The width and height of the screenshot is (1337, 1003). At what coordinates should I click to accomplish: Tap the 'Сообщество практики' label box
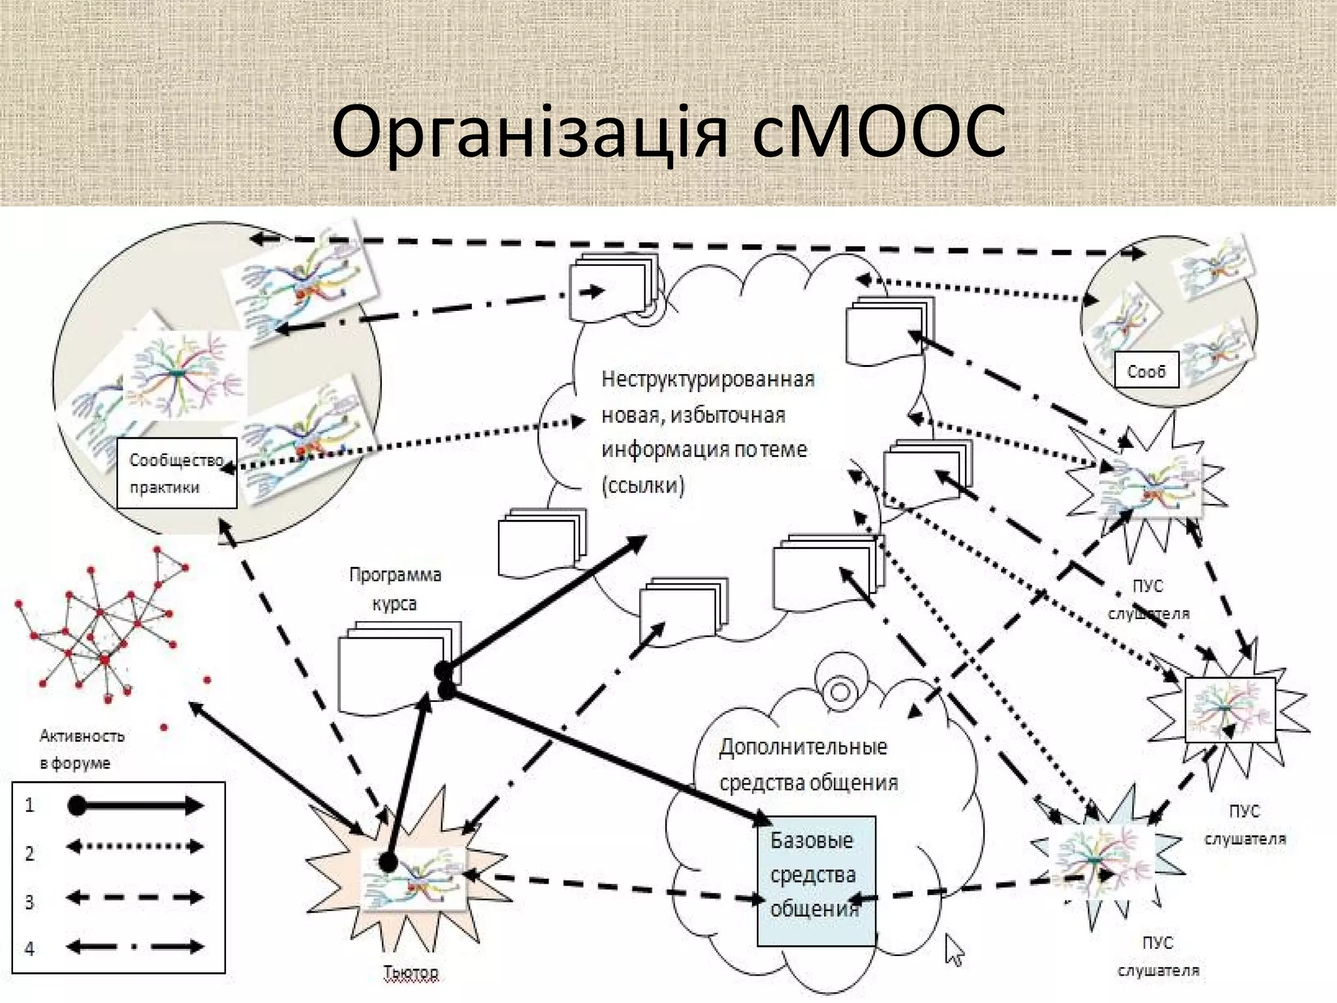[x=176, y=473]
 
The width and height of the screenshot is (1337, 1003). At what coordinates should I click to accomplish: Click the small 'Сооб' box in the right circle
[x=1146, y=371]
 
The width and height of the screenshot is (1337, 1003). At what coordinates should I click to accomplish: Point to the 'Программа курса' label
[x=395, y=588]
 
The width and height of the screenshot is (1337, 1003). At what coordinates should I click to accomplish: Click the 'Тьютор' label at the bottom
[x=411, y=972]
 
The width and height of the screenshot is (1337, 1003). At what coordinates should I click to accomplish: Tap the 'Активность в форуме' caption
[x=81, y=749]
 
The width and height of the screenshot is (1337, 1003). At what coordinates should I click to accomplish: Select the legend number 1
[x=29, y=806]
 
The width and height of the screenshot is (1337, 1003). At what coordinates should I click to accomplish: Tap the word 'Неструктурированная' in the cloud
[x=708, y=379]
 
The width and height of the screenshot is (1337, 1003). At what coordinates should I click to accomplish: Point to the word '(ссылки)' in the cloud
[x=642, y=485]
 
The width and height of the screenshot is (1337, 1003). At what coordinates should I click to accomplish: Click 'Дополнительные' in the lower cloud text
[x=803, y=746]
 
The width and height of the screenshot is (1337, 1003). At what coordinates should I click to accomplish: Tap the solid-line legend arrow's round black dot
[x=77, y=806]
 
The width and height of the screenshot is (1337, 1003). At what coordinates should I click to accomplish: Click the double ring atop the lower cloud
[x=839, y=690]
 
